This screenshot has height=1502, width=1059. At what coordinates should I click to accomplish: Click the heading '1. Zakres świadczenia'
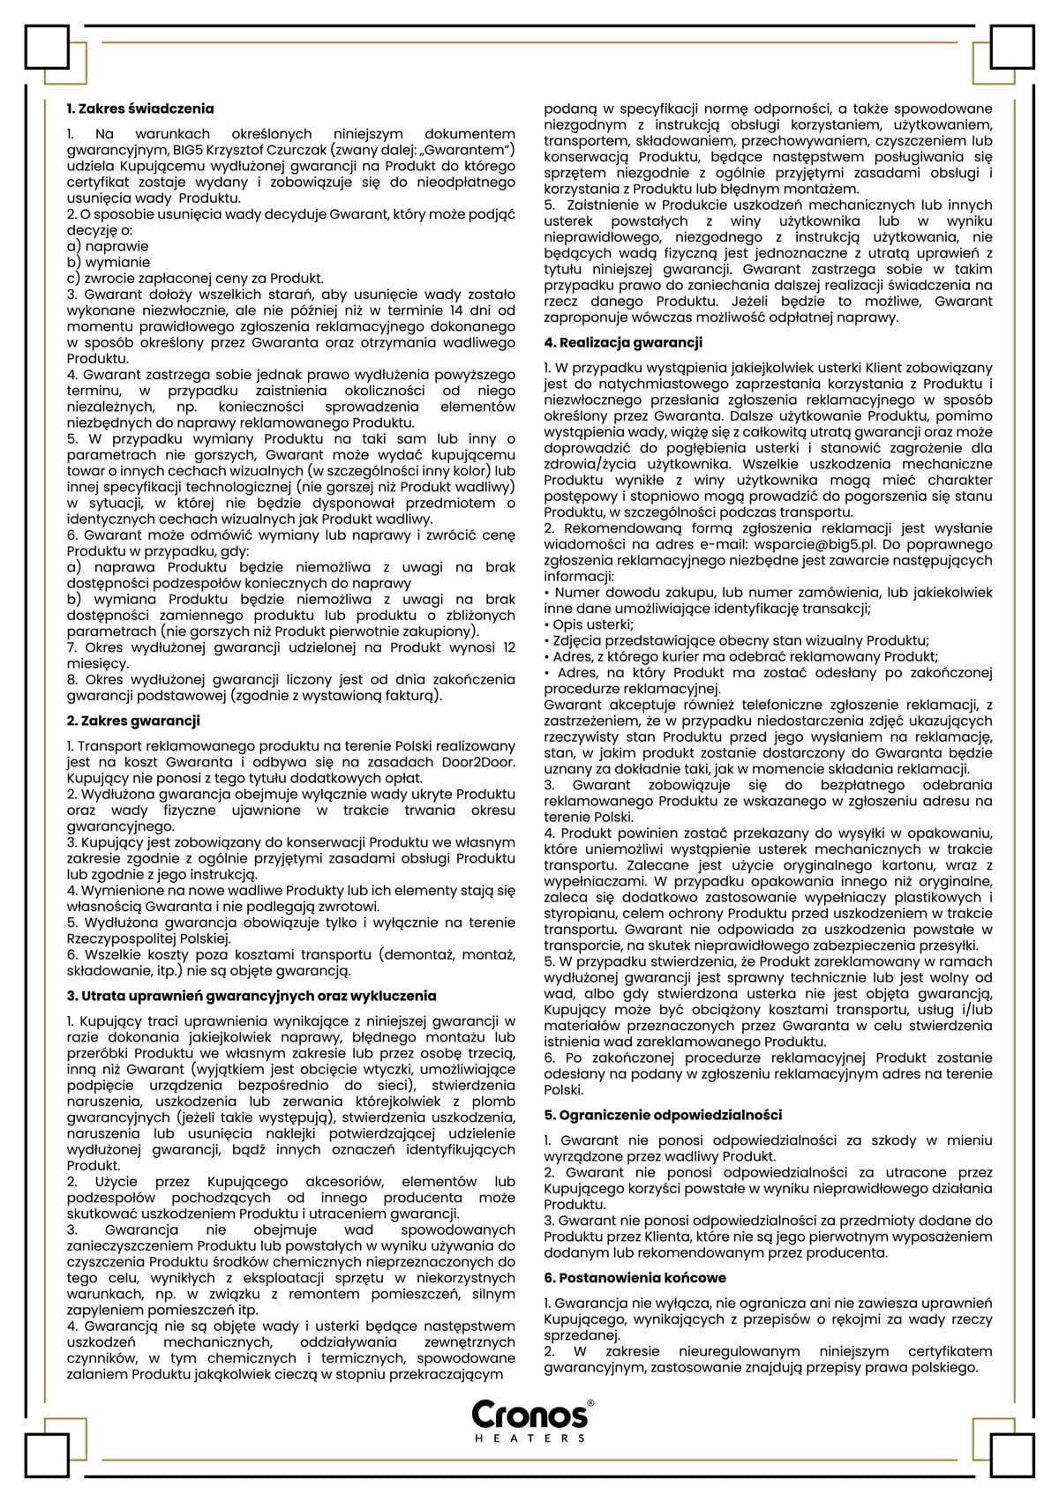[140, 109]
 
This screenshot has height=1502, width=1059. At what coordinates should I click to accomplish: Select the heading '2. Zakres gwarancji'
[133, 721]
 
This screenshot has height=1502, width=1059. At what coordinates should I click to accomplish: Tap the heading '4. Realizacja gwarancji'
[623, 342]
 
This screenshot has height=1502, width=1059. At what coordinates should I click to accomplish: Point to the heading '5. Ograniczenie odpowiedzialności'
[663, 1115]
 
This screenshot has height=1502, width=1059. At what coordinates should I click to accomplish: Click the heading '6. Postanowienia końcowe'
[635, 1277]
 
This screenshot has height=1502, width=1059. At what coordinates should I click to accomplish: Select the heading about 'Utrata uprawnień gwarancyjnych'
[252, 996]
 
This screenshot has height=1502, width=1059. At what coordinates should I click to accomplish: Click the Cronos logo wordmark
[529, 1414]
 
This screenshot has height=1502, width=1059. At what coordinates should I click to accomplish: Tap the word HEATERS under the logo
[530, 1438]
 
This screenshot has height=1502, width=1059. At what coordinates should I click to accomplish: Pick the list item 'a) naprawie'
[108, 246]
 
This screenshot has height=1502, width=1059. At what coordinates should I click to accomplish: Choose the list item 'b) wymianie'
[109, 262]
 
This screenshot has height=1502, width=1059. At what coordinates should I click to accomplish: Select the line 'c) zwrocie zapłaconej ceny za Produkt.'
[195, 278]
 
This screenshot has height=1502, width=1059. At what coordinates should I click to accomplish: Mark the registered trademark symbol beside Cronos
[590, 1402]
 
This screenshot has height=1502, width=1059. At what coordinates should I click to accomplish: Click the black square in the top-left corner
[47, 47]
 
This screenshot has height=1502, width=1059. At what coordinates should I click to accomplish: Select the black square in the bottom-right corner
[1012, 1456]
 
